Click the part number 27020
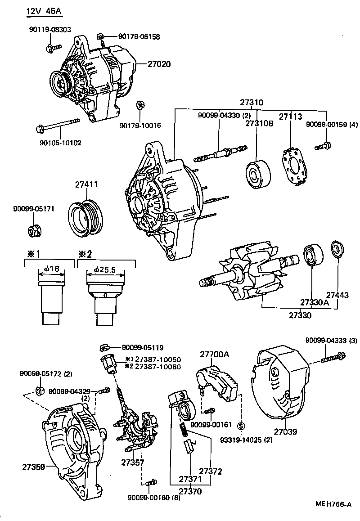(159, 64)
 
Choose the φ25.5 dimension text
(105, 269)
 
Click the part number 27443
(337, 295)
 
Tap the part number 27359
(33, 467)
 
